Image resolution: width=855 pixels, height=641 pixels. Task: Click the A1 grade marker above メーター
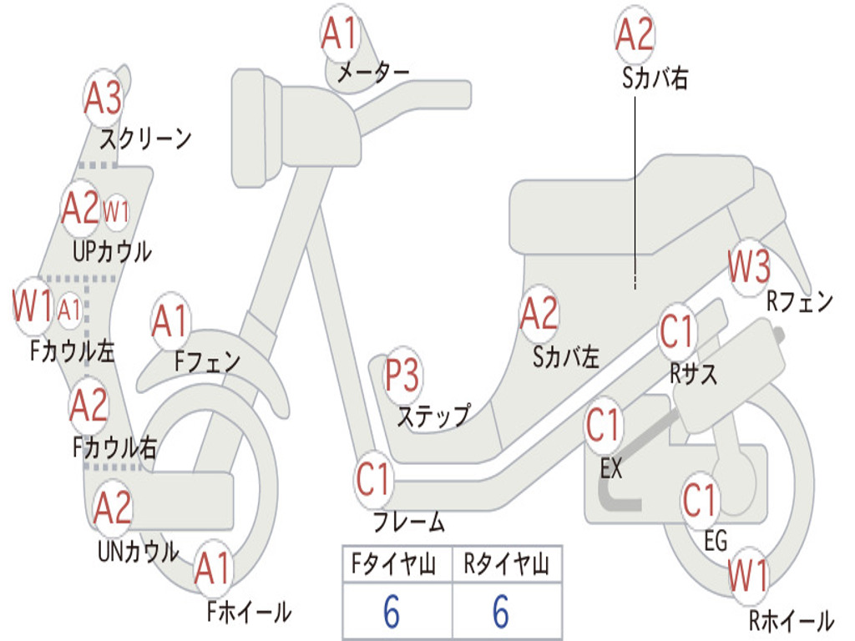(340, 35)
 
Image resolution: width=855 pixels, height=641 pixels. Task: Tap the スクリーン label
(145, 138)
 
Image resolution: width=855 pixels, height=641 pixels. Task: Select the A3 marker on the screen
(104, 99)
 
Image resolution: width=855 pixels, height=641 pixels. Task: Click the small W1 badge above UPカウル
(116, 212)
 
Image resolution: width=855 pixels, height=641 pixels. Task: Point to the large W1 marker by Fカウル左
(33, 307)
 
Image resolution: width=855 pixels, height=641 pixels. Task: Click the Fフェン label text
(207, 361)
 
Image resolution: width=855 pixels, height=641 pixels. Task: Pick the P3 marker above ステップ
(402, 376)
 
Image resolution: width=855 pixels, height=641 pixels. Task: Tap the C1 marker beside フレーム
(374, 481)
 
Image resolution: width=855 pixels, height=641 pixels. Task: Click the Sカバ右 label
(655, 78)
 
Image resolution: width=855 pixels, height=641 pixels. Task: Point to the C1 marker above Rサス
(677, 332)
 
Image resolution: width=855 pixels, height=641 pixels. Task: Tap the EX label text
(611, 469)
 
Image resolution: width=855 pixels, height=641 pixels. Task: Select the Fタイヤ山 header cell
(397, 565)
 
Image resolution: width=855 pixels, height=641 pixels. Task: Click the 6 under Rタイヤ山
(500, 613)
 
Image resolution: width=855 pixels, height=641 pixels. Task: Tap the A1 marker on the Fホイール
(212, 570)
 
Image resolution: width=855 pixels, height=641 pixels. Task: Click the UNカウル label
(138, 551)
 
